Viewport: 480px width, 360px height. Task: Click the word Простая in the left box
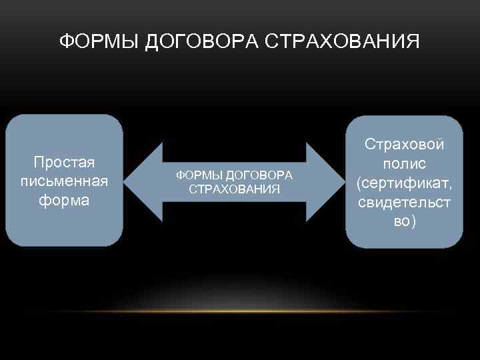64,162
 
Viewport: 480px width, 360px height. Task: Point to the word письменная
64,181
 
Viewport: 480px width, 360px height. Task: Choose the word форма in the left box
64,200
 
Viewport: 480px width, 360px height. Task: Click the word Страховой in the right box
404,145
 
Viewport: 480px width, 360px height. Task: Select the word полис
404,163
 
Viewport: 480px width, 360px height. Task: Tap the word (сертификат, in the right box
404,183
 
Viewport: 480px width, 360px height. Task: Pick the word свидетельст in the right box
404,201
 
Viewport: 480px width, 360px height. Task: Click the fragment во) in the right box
404,221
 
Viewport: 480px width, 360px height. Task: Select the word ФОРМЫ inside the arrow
199,175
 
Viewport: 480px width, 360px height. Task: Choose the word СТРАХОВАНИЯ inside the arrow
234,189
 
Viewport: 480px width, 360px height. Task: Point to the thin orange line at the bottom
240,311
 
